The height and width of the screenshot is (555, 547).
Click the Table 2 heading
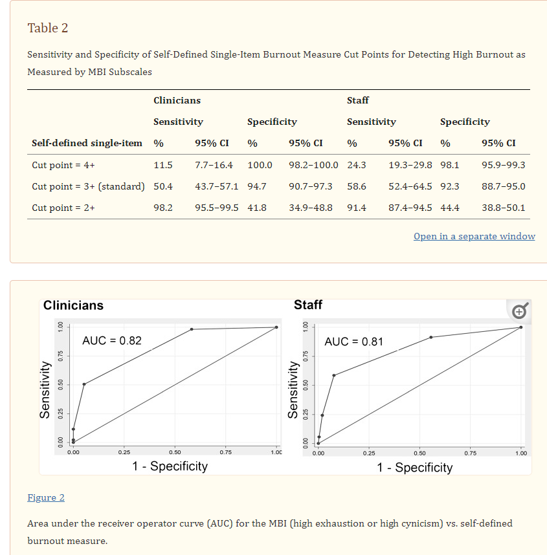click(47, 28)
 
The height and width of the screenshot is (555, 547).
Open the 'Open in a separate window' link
click(474, 236)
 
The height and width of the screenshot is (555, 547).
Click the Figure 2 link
click(46, 497)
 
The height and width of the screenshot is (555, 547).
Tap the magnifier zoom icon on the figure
click(520, 311)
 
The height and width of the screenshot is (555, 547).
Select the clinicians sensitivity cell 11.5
click(162, 165)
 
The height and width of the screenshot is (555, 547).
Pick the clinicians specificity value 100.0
click(260, 165)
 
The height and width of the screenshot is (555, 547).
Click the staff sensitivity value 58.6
click(356, 186)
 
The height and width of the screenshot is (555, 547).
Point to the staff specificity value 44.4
click(449, 208)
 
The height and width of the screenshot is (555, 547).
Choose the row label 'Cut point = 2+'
click(63, 208)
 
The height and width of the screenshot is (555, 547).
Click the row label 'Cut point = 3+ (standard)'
click(88, 186)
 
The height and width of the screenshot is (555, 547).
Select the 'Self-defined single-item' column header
click(87, 143)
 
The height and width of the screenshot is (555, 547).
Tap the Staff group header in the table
click(358, 100)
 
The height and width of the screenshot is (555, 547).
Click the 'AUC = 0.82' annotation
click(111, 341)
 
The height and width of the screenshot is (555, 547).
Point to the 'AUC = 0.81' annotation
click(353, 342)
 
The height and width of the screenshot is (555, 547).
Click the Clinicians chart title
click(73, 305)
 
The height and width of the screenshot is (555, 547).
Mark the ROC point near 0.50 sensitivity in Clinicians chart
click(84, 384)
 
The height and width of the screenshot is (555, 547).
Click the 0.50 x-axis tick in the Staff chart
click(419, 453)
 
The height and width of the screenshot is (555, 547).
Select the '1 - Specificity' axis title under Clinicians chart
click(170, 466)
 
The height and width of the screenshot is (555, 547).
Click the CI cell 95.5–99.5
click(216, 208)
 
